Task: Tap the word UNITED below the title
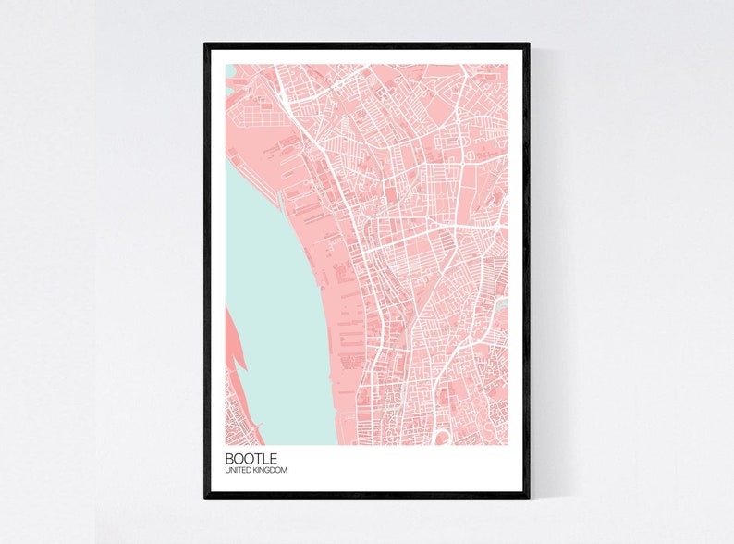pos(236,471)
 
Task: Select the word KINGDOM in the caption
pos(269,471)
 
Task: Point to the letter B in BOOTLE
pos(228,458)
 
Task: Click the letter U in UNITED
pos(226,471)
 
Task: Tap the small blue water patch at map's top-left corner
pos(229,70)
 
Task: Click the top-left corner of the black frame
pos(206,44)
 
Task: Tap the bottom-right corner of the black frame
pos(528,497)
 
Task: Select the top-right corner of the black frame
pos(528,44)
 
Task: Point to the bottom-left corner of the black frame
pos(206,497)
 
